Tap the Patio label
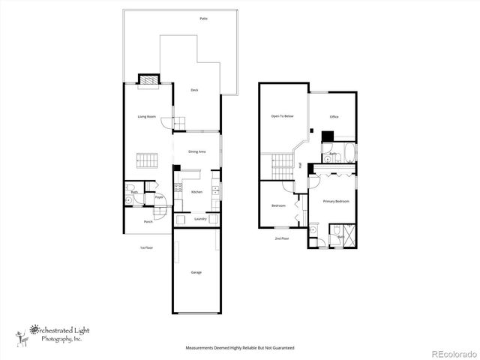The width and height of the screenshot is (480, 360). [x=203, y=17]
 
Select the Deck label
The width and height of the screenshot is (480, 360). [x=194, y=90]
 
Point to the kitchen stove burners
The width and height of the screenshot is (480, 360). [x=178, y=189]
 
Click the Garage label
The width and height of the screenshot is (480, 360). [x=195, y=272]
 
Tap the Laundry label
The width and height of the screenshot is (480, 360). [x=200, y=219]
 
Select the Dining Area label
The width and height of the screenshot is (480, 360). [x=197, y=152]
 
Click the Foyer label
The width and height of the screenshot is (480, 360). [x=159, y=197]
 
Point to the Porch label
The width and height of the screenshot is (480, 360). [x=148, y=221]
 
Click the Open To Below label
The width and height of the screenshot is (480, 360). [x=282, y=116]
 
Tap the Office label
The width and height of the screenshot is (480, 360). [x=334, y=117]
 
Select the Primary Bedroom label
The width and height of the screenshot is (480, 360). [x=335, y=201]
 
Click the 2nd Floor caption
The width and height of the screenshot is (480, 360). [x=281, y=238]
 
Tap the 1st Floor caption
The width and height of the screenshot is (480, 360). [x=146, y=247]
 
